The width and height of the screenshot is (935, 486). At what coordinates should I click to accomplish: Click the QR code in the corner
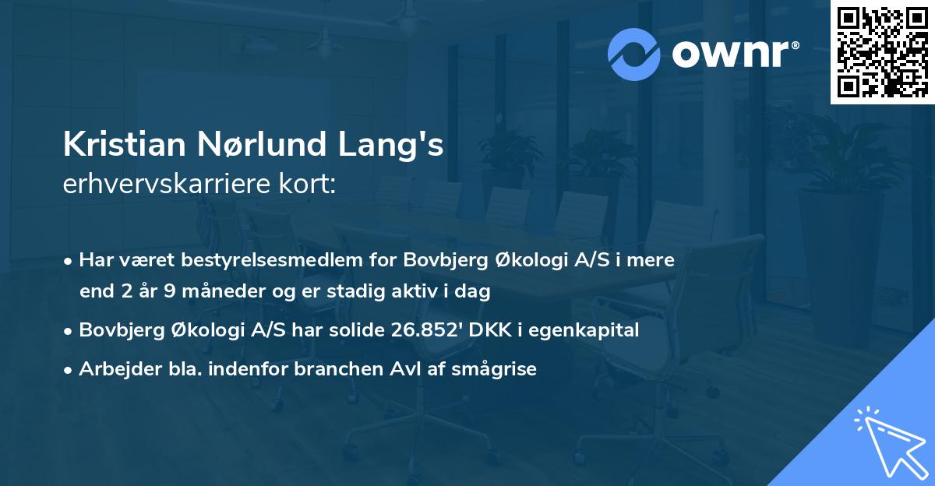tap(882, 52)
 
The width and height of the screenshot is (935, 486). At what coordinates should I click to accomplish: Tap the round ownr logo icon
tap(634, 55)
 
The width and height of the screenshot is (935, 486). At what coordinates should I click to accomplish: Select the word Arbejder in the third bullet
tap(113, 369)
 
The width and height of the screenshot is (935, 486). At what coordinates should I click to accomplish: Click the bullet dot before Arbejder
tap(69, 370)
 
